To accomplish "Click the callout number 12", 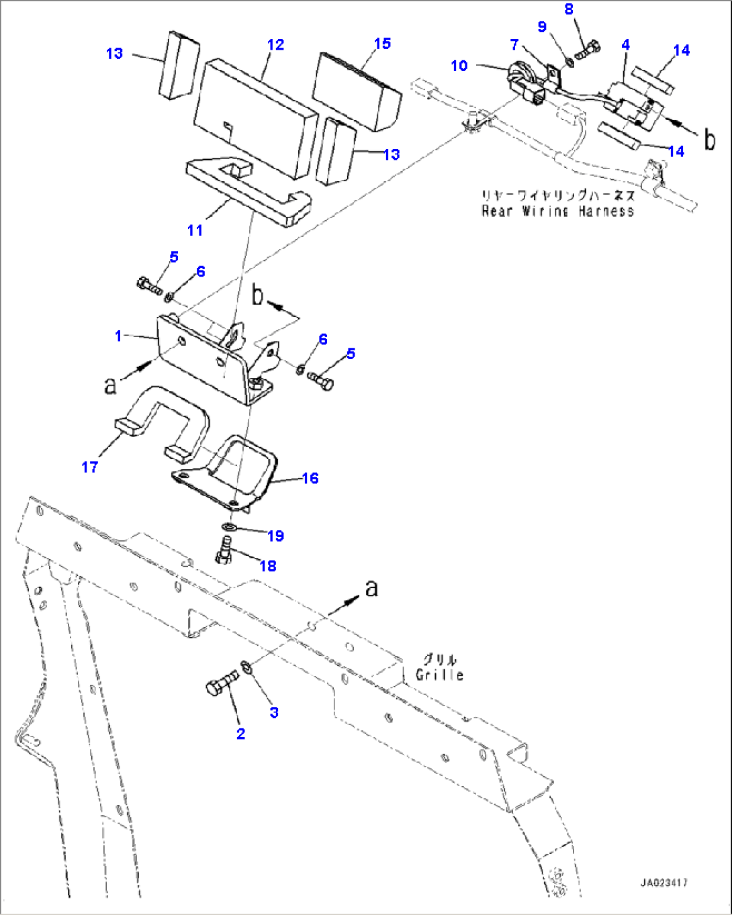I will tap(275, 45).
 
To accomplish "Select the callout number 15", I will tap(382, 44).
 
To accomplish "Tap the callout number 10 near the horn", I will tap(459, 65).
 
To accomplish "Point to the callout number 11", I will tap(195, 230).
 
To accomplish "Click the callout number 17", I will tap(90, 467).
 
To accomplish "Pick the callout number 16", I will tap(310, 478).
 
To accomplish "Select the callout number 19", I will tap(275, 536).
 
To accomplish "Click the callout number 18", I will tap(267, 566).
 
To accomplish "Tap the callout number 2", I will tap(240, 734).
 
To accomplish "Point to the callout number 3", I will tap(274, 712).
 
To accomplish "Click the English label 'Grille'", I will tap(440, 675).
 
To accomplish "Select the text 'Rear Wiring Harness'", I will tap(557, 211).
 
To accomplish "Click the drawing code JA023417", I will tap(664, 883).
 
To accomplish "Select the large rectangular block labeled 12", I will tap(255, 117).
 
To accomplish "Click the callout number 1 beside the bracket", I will tap(119, 336).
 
